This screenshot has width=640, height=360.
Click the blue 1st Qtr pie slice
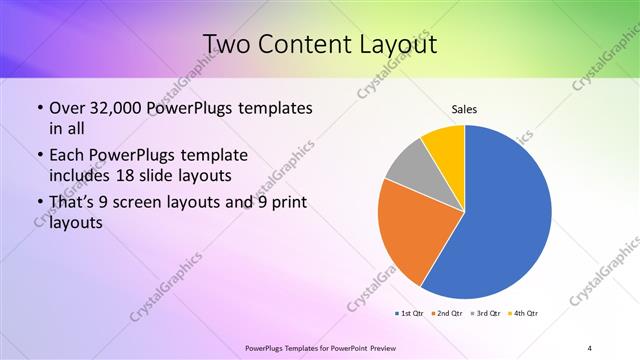[510, 215]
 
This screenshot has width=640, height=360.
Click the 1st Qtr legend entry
[411, 314]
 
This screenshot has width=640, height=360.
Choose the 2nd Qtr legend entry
[449, 314]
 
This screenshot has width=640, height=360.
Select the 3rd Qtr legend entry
[487, 314]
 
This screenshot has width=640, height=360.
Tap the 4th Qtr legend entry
[525, 314]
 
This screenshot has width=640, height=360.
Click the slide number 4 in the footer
[590, 347]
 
